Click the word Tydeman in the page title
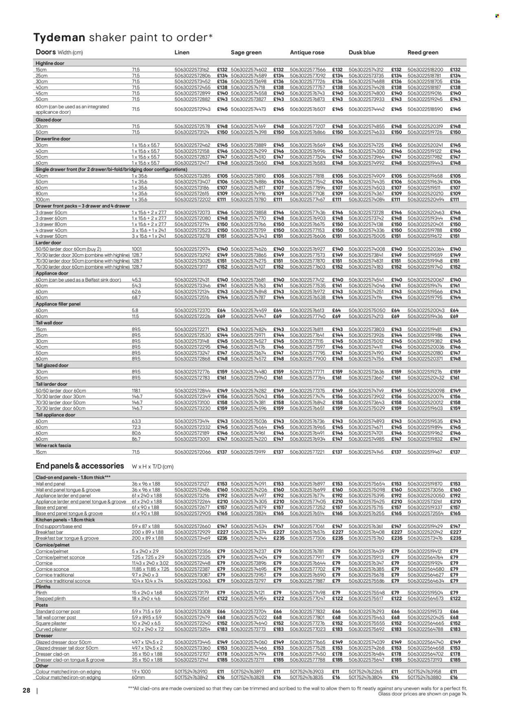59,38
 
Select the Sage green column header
246,53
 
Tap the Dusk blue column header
362,53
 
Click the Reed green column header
423,53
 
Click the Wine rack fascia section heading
53,446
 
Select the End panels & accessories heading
80,466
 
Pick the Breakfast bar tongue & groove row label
67,538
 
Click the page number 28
26,691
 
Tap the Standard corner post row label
58,611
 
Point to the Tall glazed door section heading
52,366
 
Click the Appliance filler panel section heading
58,304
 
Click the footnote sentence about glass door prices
422,694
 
